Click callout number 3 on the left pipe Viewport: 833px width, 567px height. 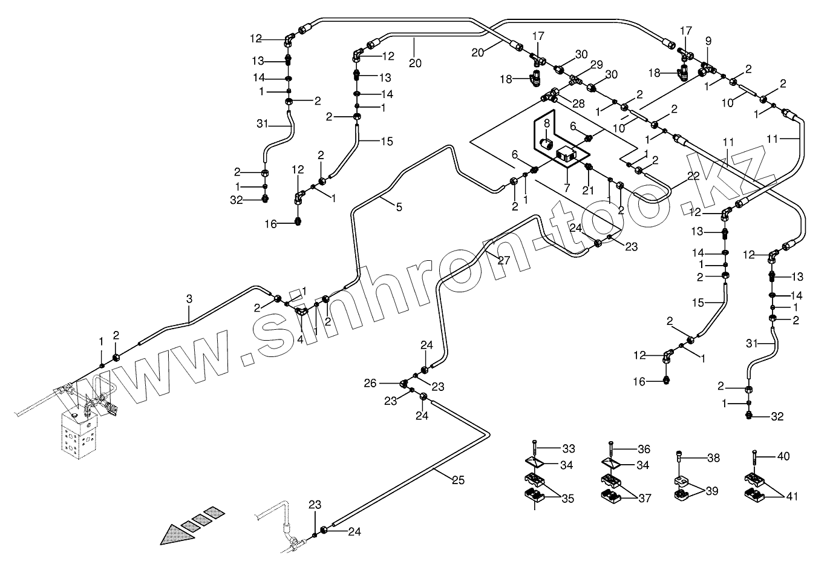(189, 298)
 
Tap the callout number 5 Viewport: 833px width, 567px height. (399, 208)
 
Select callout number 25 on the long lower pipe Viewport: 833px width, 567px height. (458, 480)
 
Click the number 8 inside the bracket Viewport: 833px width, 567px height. (546, 124)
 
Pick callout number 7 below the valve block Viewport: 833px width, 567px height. (566, 188)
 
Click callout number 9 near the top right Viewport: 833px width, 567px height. (708, 41)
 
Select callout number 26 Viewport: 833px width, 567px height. (370, 383)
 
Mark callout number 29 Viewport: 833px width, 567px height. (596, 65)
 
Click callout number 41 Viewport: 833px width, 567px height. (792, 497)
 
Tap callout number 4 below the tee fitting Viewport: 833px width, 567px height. (300, 339)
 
